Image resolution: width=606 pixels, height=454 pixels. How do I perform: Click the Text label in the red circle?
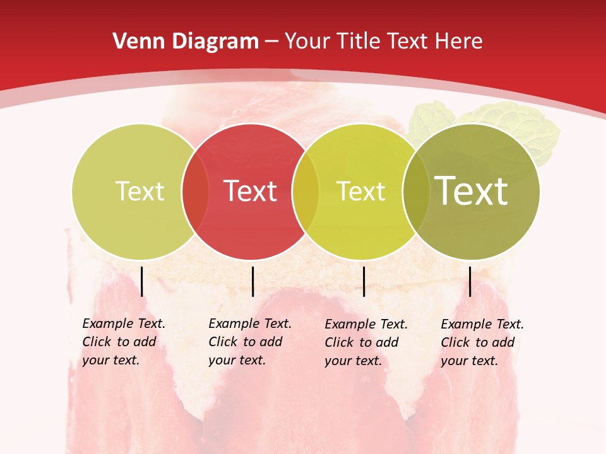251,191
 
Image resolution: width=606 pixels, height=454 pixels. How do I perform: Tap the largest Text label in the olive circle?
471,190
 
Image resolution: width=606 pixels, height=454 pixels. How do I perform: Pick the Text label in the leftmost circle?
140,191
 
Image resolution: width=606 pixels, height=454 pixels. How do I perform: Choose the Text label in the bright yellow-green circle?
361,191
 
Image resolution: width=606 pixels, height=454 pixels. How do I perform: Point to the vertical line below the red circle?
252,281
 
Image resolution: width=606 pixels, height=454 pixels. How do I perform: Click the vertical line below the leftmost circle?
142,281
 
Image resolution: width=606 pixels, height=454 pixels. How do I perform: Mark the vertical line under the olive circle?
470,281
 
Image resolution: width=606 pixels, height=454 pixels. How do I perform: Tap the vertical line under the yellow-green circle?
364,281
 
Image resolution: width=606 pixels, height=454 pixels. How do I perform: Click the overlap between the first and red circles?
195,191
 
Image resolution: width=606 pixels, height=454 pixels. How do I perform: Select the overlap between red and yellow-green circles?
306,191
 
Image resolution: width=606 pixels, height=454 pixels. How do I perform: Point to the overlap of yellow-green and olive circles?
416,191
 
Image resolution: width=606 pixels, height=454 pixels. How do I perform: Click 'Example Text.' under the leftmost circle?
124,323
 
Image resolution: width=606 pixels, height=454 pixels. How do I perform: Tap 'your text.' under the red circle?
237,360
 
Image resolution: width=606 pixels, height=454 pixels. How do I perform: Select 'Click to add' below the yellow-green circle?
362,342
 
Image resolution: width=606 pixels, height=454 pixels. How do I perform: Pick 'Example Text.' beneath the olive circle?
482,324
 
